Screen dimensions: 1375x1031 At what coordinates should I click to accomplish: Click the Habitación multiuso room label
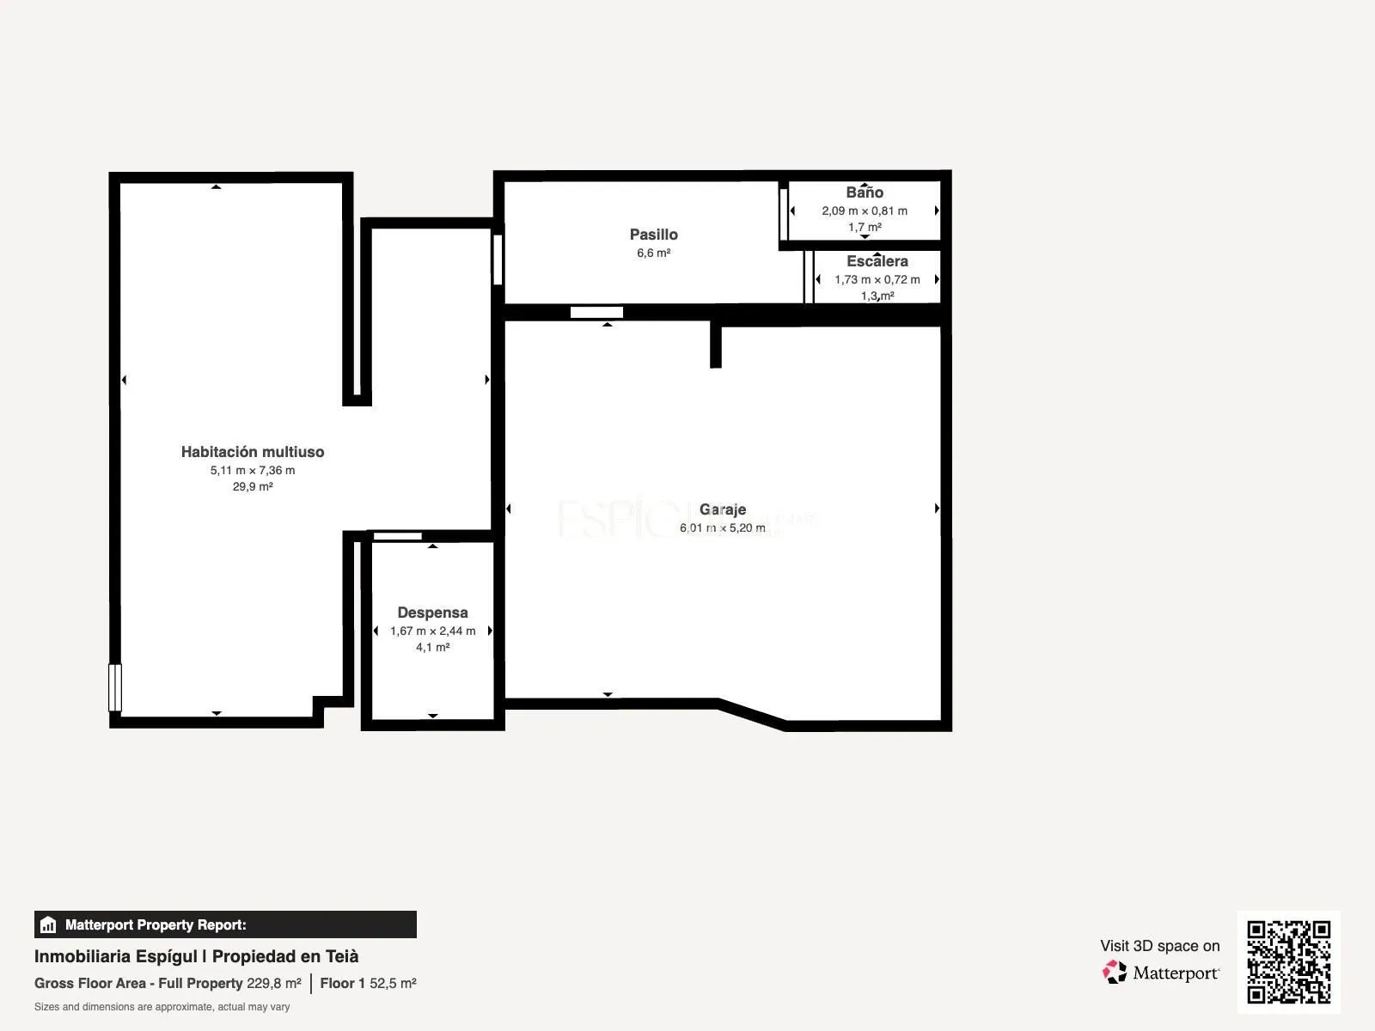(253, 451)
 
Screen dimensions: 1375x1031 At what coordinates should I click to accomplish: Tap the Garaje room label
(722, 509)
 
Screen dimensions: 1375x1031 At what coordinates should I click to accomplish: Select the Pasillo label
(653, 234)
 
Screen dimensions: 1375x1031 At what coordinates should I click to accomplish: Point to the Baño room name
(865, 192)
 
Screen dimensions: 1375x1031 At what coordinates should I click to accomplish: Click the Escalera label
(877, 261)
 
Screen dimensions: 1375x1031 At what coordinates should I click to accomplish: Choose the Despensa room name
(432, 613)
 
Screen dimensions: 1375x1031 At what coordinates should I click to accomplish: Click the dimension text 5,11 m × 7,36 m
(253, 470)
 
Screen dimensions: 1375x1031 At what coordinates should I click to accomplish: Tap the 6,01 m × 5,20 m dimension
(722, 528)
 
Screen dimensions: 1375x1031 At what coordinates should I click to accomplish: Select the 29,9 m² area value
(253, 486)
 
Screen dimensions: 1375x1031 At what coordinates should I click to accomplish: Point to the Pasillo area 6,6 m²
(653, 253)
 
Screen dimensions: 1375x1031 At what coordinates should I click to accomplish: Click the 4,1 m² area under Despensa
(432, 647)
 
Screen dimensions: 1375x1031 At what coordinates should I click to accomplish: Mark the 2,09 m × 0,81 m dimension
(865, 211)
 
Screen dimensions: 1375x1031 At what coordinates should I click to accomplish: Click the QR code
(1288, 962)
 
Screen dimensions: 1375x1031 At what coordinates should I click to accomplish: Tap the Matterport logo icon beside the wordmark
(1115, 973)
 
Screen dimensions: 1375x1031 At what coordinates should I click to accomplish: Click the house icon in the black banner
(48, 924)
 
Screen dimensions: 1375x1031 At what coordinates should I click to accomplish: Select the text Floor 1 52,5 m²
(368, 984)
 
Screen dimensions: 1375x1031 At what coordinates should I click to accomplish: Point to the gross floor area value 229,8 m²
(274, 984)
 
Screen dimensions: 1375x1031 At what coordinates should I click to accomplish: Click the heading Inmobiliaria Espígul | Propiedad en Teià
(196, 956)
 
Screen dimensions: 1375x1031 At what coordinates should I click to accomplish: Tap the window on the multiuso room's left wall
(115, 687)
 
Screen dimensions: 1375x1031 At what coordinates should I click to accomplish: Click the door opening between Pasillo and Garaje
(596, 313)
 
